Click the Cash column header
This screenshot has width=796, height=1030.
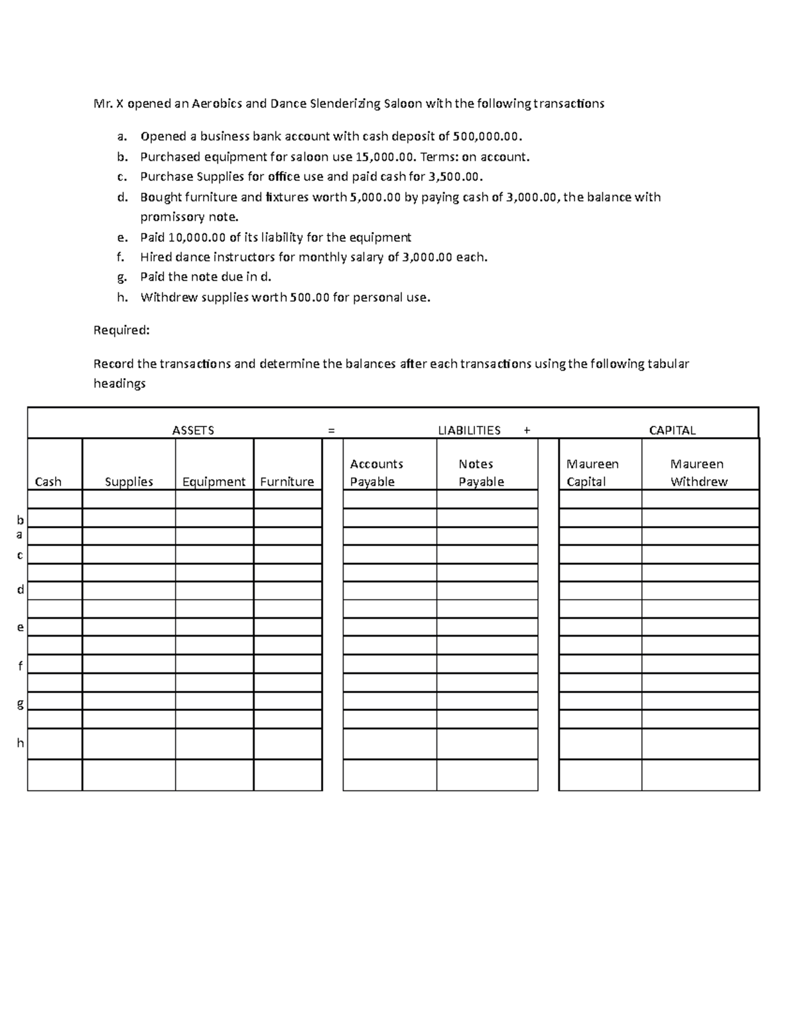tap(48, 482)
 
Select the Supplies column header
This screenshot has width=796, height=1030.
tap(129, 482)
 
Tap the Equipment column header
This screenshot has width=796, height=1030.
tap(214, 482)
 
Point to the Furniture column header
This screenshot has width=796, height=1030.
tap(287, 482)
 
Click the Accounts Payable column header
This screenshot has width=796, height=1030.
tap(376, 473)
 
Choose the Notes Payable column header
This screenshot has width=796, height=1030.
tap(480, 473)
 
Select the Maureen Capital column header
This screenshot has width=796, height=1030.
tap(592, 473)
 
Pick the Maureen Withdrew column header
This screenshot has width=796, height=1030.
tap(698, 473)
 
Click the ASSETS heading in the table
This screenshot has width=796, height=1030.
tap(193, 430)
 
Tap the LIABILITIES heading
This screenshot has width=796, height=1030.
tap(469, 430)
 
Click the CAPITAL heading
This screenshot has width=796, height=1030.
tap(672, 430)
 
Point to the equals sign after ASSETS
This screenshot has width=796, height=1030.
tap(331, 430)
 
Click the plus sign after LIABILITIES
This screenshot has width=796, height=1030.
tap(527, 430)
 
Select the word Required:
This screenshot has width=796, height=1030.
tap(121, 330)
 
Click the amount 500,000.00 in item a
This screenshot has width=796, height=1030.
tap(487, 137)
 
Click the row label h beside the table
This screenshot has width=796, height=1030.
tap(20, 743)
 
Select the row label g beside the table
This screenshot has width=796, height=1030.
tap(20, 704)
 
